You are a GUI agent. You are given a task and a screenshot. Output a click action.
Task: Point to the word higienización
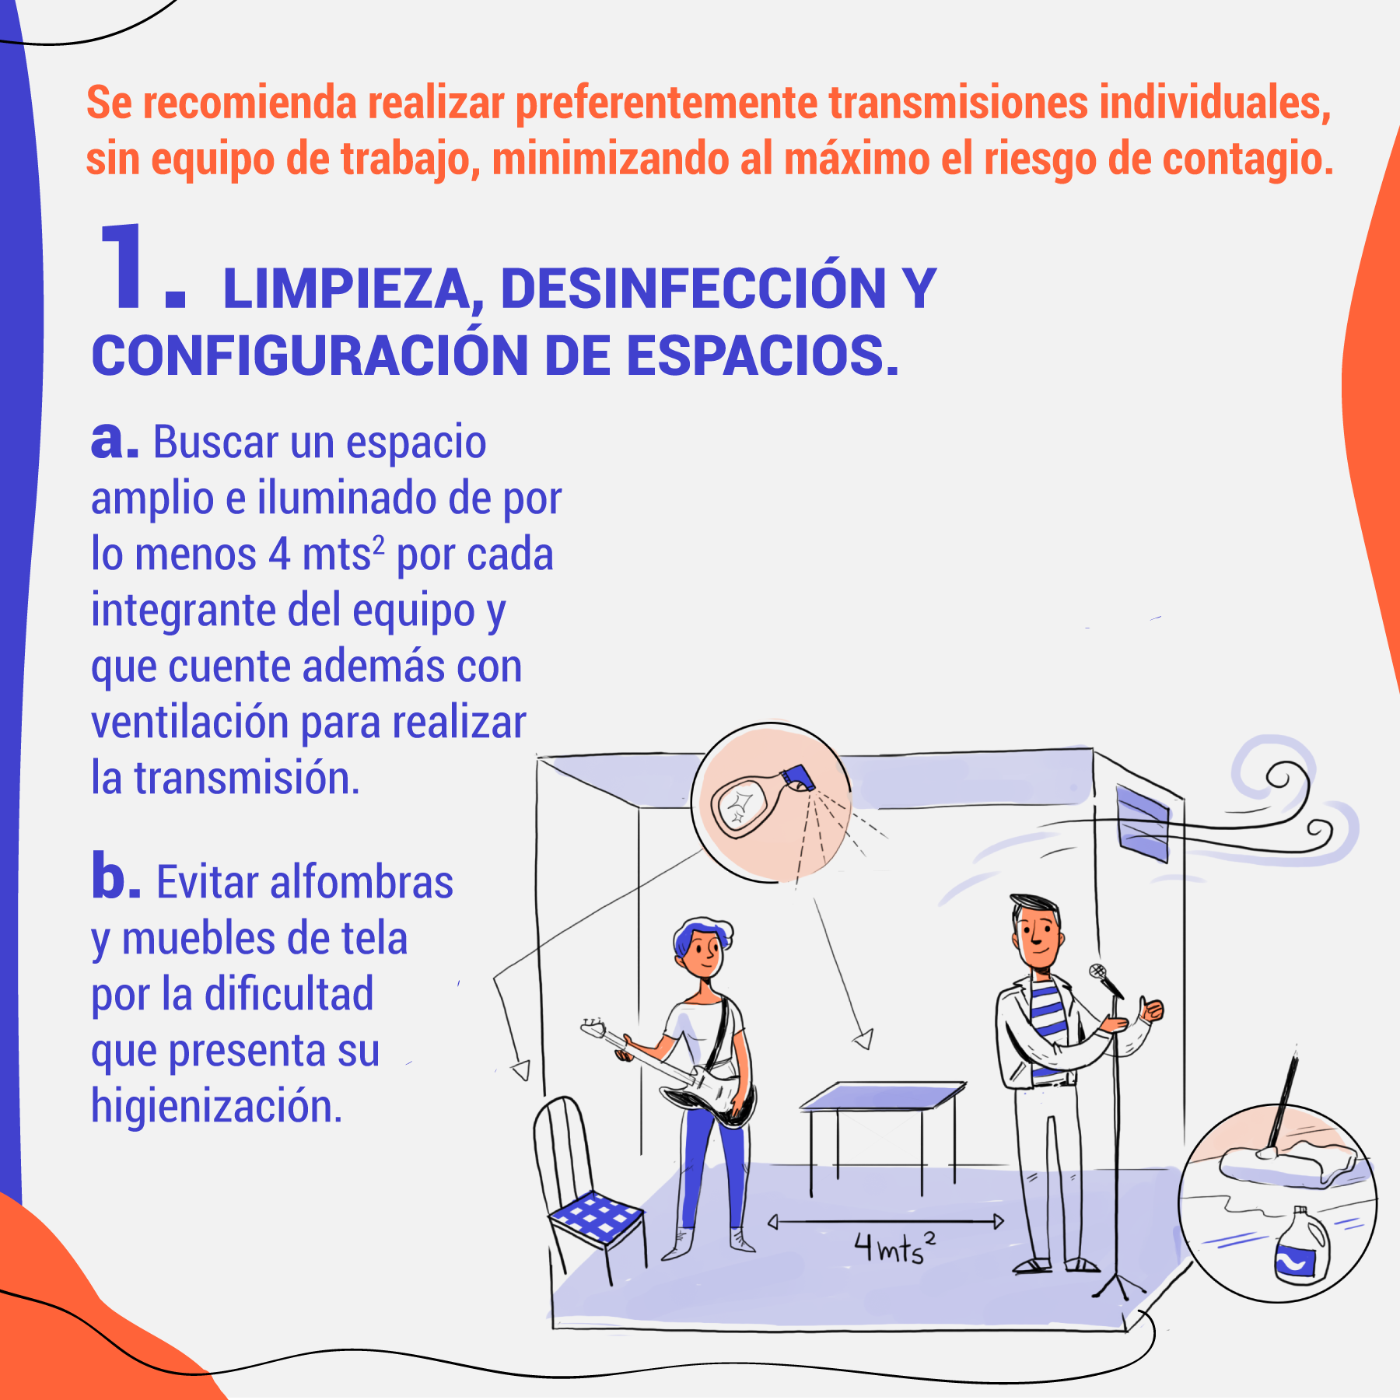216,1107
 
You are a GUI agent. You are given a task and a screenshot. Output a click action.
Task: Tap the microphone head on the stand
1097,971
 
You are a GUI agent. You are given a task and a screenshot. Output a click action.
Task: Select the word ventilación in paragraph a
191,723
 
